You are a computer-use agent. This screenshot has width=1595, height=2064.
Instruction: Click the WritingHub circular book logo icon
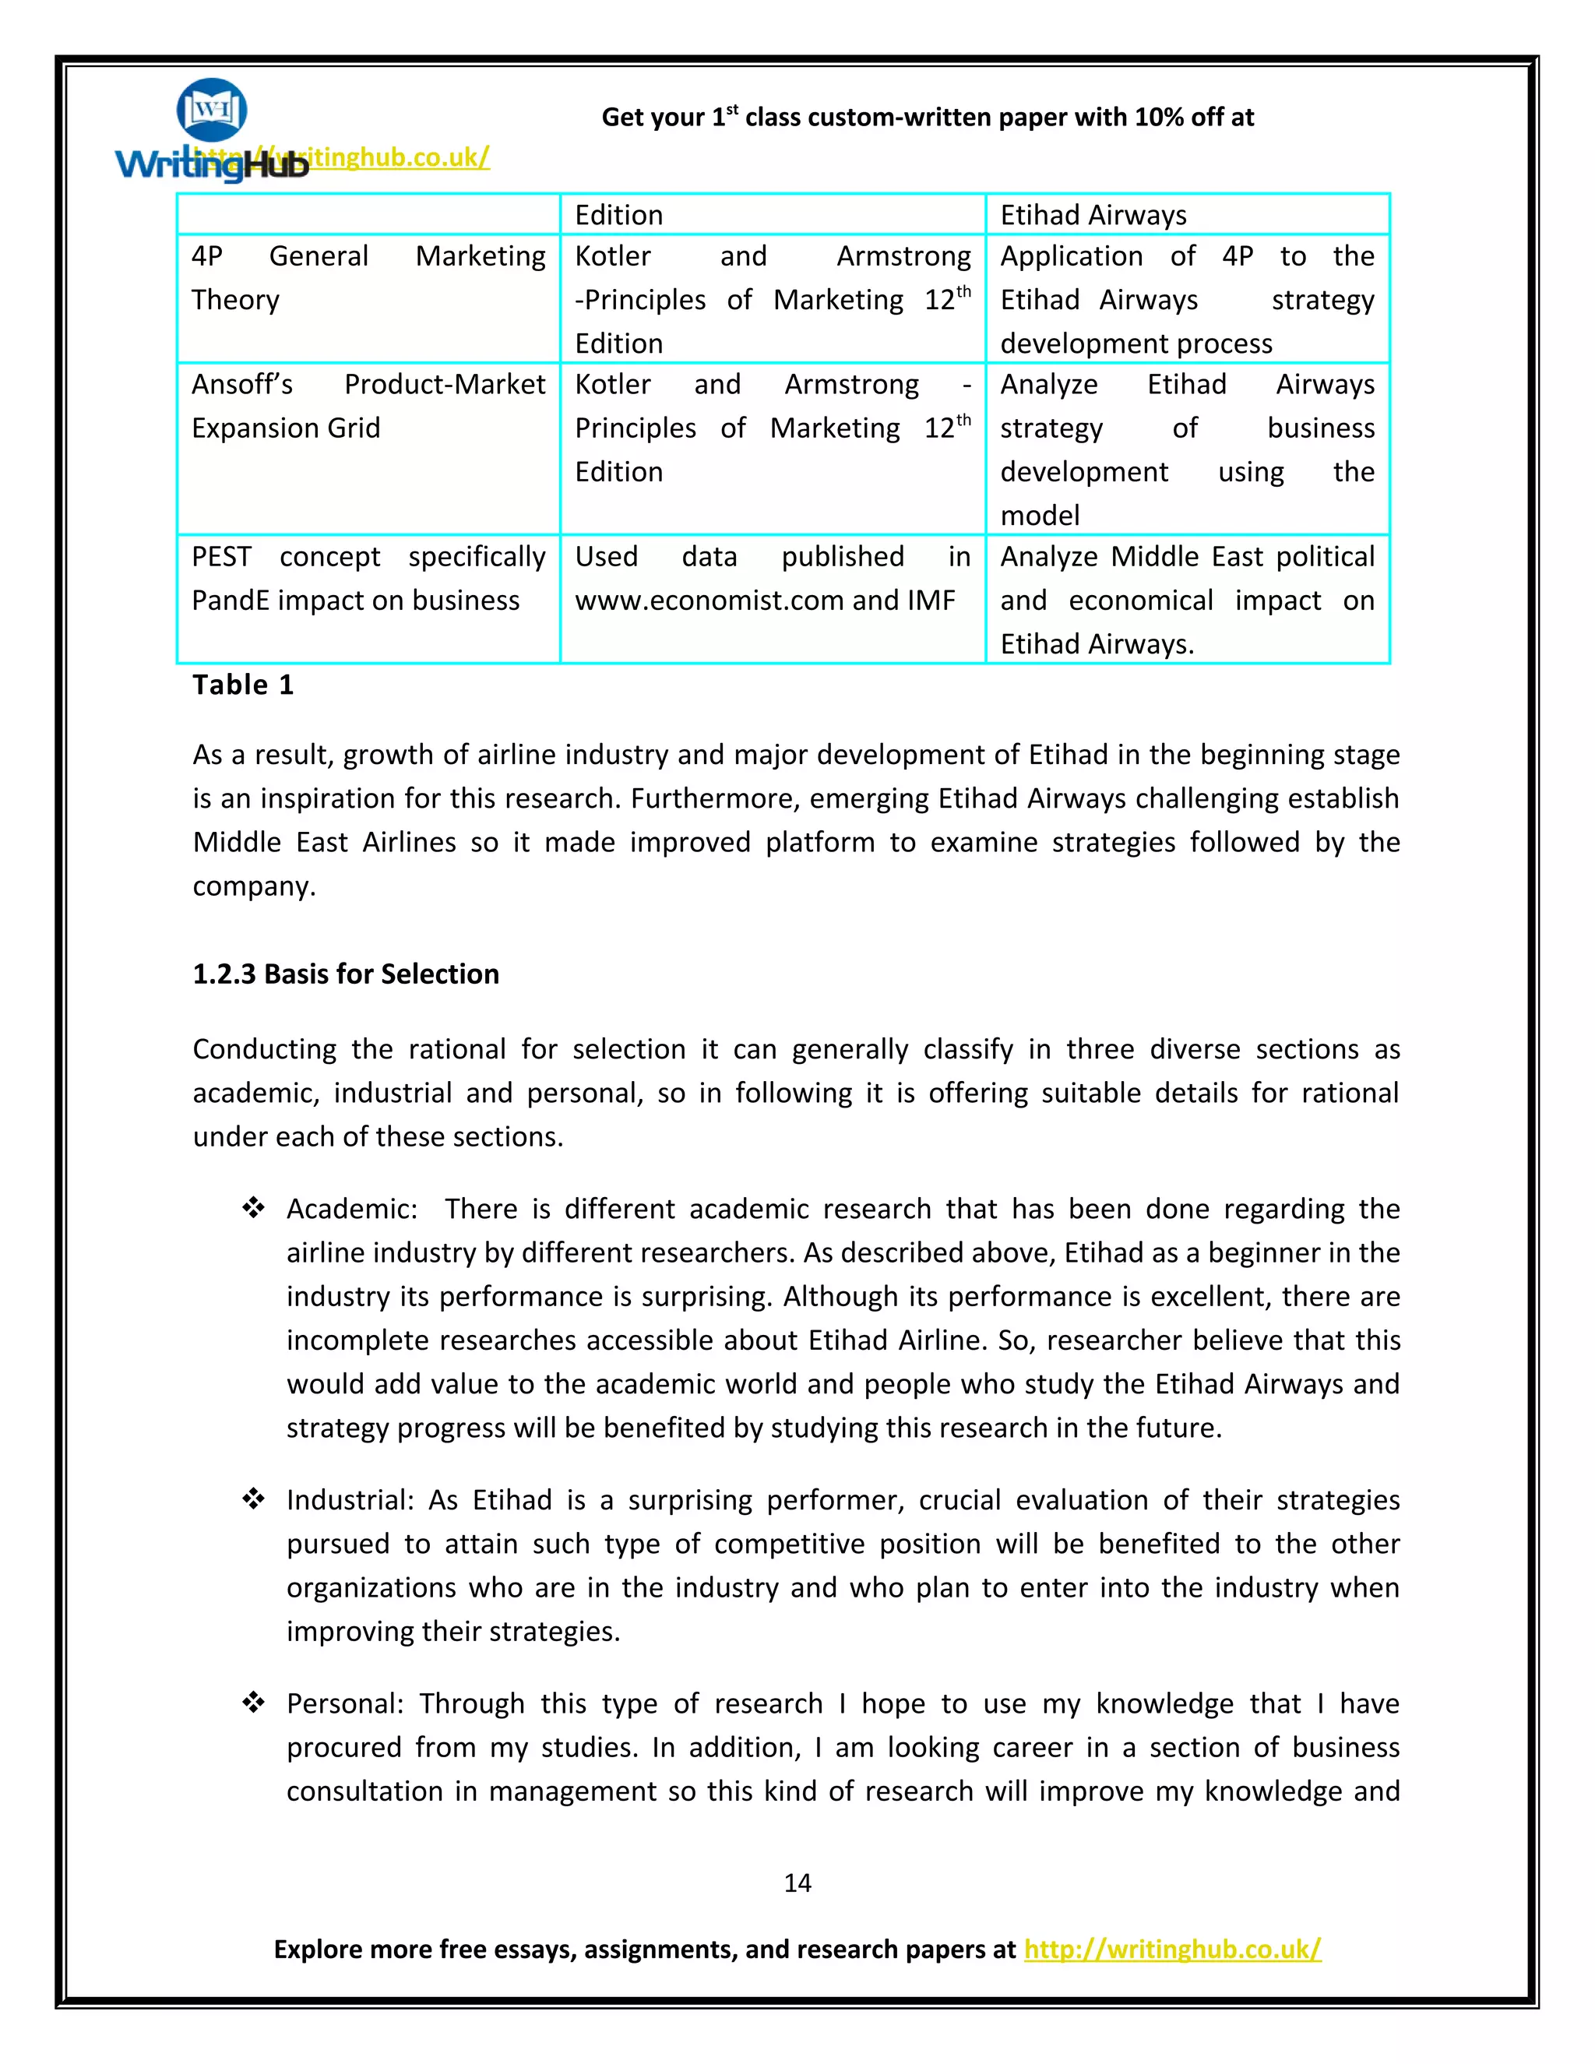coord(212,111)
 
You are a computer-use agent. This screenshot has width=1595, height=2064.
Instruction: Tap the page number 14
coord(797,1883)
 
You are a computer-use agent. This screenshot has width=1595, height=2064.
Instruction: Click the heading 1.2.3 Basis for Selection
coord(346,974)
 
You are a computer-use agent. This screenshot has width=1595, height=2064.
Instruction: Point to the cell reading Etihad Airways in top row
coord(1093,214)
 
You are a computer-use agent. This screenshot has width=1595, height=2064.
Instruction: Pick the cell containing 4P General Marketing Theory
coord(368,278)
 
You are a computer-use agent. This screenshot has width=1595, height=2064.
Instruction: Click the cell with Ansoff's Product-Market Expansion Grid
coord(368,407)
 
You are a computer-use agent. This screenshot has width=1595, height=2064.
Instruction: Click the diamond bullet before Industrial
coord(252,1498)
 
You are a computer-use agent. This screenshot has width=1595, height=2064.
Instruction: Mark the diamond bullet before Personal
coord(252,1702)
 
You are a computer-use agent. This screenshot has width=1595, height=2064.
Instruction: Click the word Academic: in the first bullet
coord(351,1209)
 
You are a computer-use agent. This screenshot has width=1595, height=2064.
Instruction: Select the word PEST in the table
coord(221,557)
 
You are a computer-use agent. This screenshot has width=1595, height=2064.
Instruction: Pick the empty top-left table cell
coord(368,214)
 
